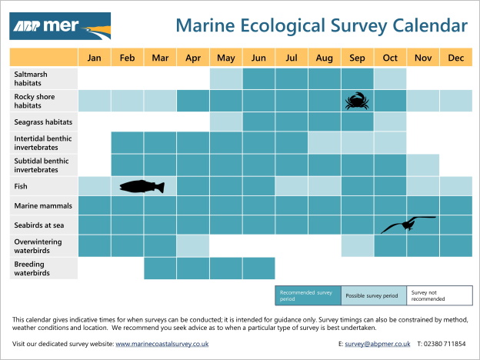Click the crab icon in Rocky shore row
356,100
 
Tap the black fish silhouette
143,186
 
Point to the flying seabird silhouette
408,223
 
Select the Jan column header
94,58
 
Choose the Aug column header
324,58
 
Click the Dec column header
455,58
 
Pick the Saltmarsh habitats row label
43,78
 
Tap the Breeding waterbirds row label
43,268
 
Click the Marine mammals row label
43,205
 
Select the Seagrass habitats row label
43,122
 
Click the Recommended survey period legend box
308,295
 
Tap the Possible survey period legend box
373,295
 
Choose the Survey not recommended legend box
439,295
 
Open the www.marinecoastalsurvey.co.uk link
162,343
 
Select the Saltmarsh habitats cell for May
226,78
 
